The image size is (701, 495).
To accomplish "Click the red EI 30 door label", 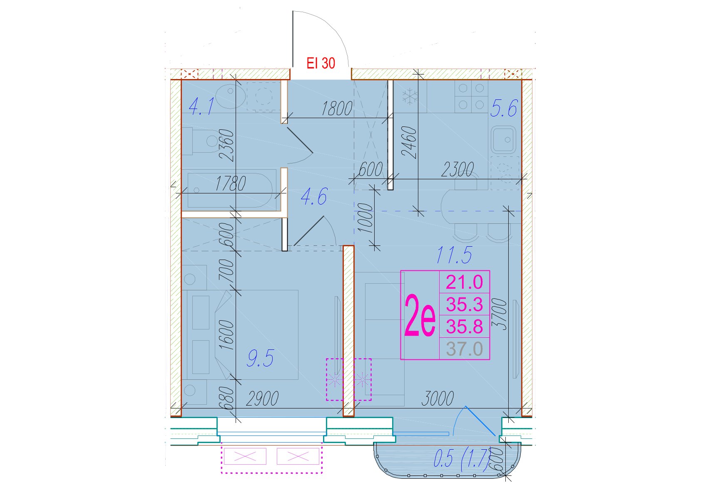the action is [321, 63].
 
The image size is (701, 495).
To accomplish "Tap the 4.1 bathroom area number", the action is [201, 106].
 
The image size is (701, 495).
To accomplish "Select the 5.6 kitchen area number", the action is [504, 108].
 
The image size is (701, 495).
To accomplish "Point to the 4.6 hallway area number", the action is [314, 196].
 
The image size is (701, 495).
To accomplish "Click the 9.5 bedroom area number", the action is [260, 358].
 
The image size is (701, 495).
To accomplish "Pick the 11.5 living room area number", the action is [454, 255].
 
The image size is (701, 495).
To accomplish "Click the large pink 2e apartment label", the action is [420, 315].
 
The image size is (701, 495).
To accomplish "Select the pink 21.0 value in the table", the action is [465, 282].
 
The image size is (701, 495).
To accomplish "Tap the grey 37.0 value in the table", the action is [465, 349].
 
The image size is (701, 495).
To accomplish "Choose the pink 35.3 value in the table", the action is [465, 304].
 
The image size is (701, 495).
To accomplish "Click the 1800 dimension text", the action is [337, 109].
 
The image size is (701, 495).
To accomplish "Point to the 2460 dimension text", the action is [410, 142].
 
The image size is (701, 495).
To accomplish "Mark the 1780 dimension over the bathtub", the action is [231, 183].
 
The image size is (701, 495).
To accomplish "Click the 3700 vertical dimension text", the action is [499, 314].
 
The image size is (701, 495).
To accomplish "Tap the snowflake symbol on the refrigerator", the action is [410, 97].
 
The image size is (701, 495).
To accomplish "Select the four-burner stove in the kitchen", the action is [471, 97].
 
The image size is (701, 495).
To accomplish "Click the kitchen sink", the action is [503, 139].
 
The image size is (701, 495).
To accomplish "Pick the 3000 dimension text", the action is [438, 398].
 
